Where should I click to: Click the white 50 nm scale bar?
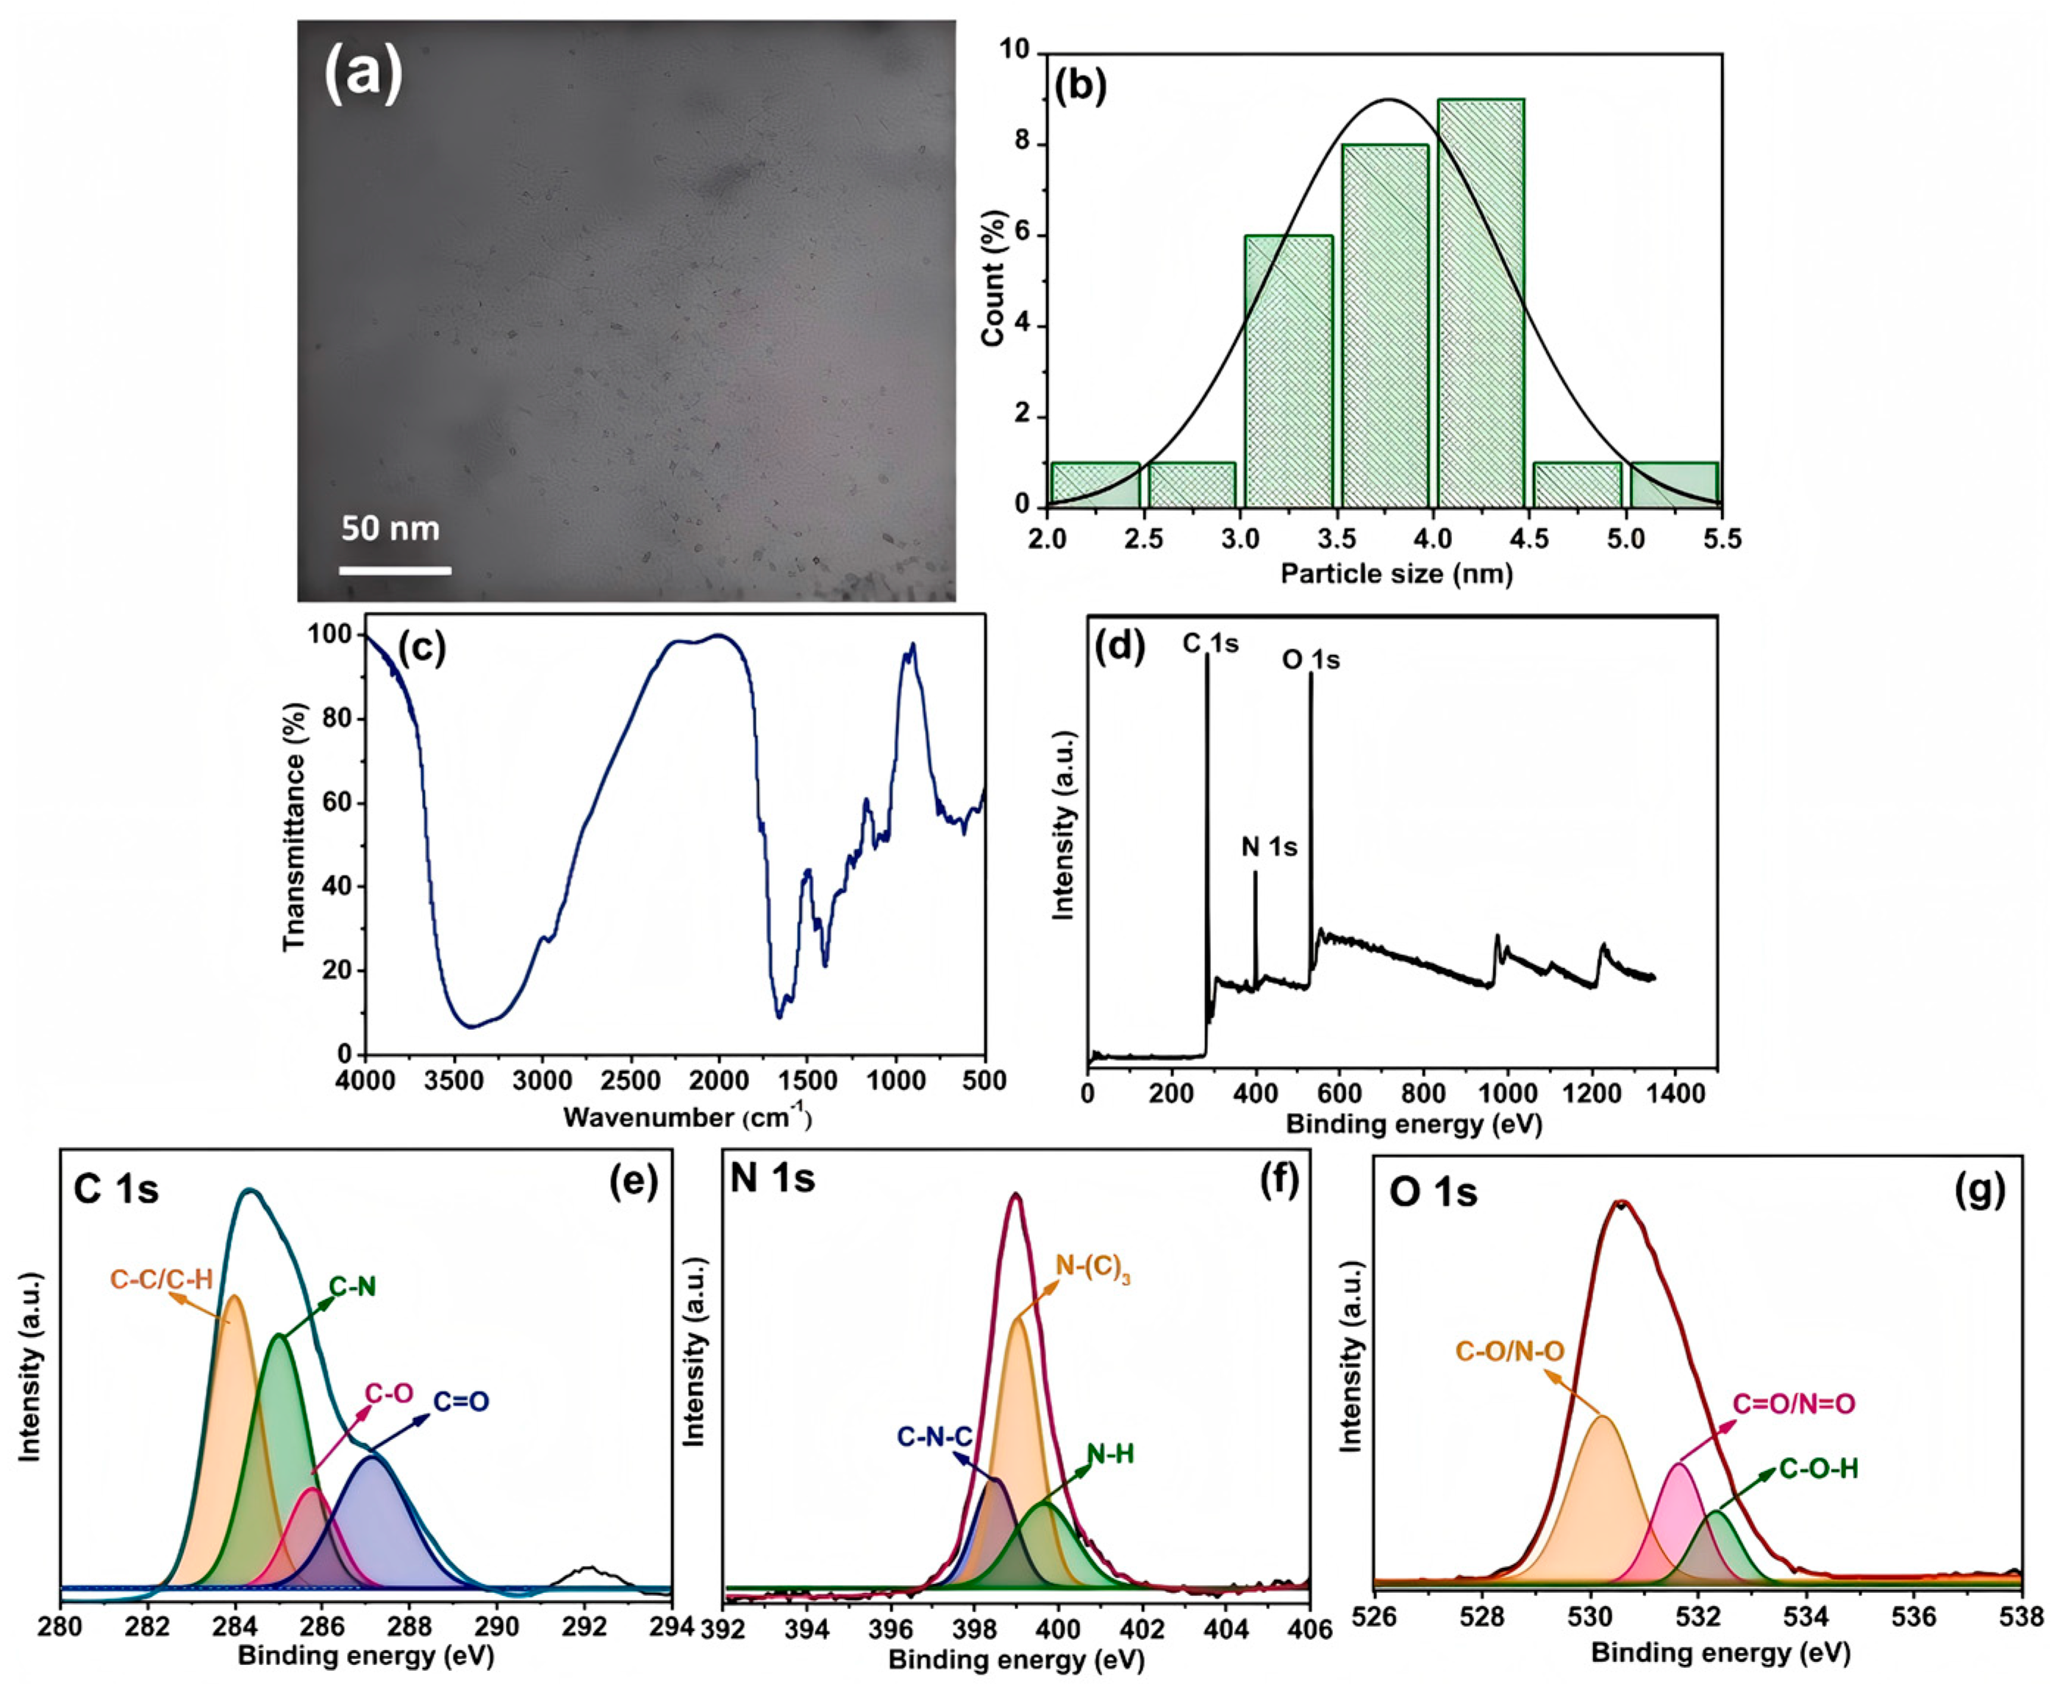(395, 570)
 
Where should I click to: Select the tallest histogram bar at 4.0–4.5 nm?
(1480, 301)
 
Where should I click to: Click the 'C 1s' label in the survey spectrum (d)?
(1210, 643)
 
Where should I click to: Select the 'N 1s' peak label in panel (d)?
(1269, 848)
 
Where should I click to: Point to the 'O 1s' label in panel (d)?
(1310, 660)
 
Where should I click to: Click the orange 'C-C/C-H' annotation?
(161, 1279)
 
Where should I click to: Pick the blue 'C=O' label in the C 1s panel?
(460, 1401)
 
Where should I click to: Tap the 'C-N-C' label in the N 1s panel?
(934, 1436)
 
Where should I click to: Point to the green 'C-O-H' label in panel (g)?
(1819, 1469)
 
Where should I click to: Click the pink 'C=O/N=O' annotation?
(1794, 1404)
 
